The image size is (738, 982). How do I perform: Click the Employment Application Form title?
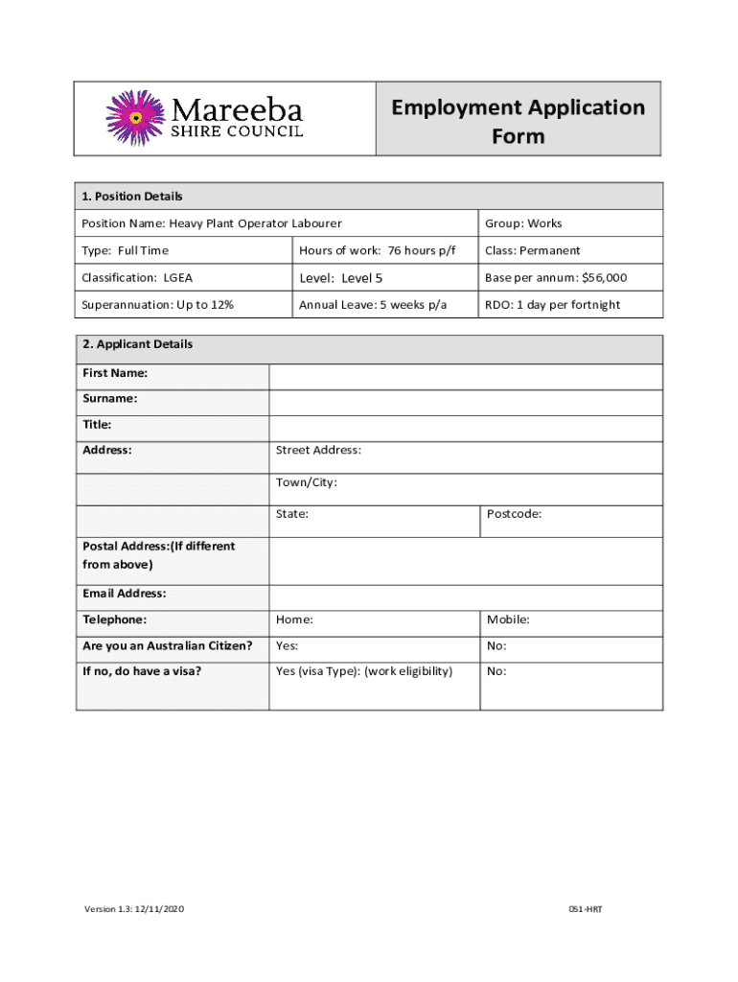[x=518, y=121]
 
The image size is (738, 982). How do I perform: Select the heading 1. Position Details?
[x=132, y=197]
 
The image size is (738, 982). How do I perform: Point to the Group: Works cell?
[x=523, y=223]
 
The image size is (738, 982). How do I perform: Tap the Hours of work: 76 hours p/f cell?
[x=377, y=250]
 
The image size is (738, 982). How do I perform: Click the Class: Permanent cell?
[x=532, y=250]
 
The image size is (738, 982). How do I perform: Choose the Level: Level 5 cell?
[x=341, y=278]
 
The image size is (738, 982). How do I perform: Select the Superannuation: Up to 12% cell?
[x=158, y=305]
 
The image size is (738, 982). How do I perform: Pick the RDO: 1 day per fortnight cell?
[x=552, y=305]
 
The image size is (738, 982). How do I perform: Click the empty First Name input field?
[x=465, y=376]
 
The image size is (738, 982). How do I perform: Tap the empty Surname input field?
[x=465, y=402]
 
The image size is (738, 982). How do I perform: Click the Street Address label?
[x=318, y=450]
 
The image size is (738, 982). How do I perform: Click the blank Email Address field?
[x=465, y=597]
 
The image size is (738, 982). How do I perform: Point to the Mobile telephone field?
[x=570, y=623]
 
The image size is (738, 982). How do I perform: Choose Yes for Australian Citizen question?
[x=374, y=649]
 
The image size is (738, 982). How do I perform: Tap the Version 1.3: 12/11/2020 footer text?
[x=133, y=908]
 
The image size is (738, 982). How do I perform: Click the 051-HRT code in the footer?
[x=585, y=908]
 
